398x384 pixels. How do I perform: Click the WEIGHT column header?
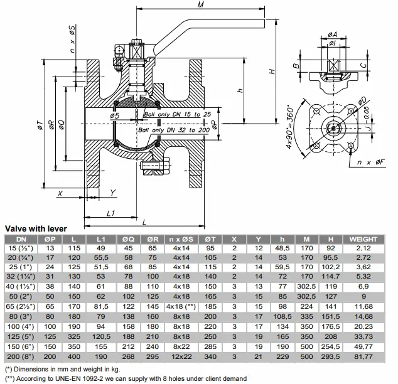pos(363,239)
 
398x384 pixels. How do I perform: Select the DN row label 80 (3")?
pos(20,316)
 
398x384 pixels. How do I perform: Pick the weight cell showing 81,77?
pos(363,356)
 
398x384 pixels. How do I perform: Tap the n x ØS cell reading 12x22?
pos(181,356)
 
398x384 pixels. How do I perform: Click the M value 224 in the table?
pos(306,306)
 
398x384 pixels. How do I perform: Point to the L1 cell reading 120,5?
pos(101,336)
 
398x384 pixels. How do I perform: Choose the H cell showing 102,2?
pos(330,267)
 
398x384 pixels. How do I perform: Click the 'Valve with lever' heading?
pos(36,228)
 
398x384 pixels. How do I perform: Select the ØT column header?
pos(210,239)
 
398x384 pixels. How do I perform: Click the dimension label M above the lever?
pos(200,4)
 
